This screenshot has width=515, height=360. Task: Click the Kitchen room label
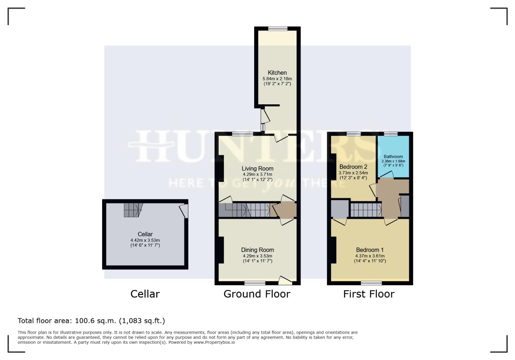pyautogui.click(x=277, y=73)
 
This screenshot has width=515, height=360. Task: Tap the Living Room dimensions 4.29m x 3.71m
pyautogui.click(x=257, y=174)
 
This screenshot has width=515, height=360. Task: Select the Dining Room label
pyautogui.click(x=257, y=250)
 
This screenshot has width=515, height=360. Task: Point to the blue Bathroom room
pyautogui.click(x=393, y=157)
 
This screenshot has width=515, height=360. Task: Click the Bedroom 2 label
pyautogui.click(x=353, y=167)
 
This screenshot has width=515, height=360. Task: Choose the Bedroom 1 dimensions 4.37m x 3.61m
pyautogui.click(x=370, y=256)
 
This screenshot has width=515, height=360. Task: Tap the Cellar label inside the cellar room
pyautogui.click(x=145, y=234)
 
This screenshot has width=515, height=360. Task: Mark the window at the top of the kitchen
pyautogui.click(x=278, y=29)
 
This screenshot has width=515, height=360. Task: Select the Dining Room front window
pyautogui.click(x=255, y=283)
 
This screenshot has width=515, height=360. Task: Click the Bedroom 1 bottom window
pyautogui.click(x=371, y=283)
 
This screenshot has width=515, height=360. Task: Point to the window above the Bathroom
pyautogui.click(x=391, y=134)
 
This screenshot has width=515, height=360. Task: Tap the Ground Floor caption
pyautogui.click(x=257, y=294)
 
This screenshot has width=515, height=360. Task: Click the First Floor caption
pyautogui.click(x=369, y=294)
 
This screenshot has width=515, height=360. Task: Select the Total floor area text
pyautogui.click(x=91, y=321)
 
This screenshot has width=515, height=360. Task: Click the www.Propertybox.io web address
pyautogui.click(x=214, y=342)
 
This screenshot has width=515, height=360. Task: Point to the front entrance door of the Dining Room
pyautogui.click(x=285, y=281)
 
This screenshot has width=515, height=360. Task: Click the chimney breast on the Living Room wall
pyautogui.click(x=221, y=168)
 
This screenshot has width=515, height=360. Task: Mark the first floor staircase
pyautogui.click(x=366, y=210)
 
